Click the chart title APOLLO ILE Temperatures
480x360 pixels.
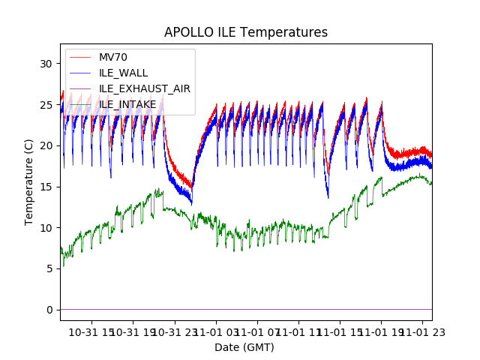click(x=246, y=33)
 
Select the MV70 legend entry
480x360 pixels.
click(x=113, y=58)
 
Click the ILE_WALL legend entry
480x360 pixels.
click(x=123, y=73)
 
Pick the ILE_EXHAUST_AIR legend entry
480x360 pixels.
click(x=144, y=88)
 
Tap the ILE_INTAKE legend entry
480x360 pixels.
click(x=127, y=103)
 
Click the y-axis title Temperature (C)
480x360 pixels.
click(x=29, y=182)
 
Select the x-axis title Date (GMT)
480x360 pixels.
click(x=244, y=347)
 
